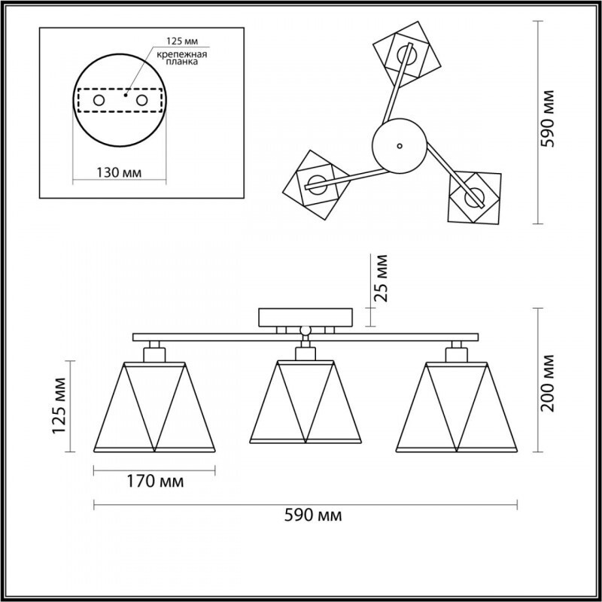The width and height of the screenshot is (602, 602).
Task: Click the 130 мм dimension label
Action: pos(119,172)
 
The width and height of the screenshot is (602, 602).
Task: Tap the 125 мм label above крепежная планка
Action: pos(182,41)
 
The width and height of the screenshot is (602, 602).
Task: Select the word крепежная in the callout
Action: pos(182,54)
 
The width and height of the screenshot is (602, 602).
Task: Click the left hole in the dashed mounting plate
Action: pos(99,101)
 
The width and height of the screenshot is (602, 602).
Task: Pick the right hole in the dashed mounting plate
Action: pos(141,101)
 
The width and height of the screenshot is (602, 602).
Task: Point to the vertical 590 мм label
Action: pos(548,119)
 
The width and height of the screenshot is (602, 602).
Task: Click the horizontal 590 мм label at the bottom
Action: pos(313,515)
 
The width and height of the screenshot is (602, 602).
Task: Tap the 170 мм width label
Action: pos(155,481)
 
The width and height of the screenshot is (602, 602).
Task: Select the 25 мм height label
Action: pos(381,278)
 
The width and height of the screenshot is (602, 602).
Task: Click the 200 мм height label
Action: pos(548,383)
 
